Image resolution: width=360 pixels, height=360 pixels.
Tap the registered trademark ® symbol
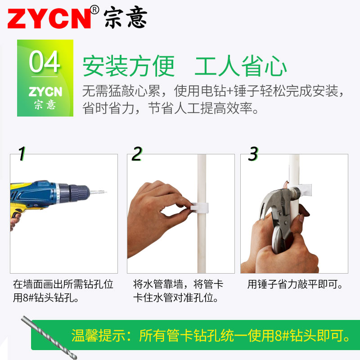(94, 9)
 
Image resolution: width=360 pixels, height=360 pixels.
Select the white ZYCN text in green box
(45, 92)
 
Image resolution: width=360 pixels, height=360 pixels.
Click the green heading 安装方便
(128, 67)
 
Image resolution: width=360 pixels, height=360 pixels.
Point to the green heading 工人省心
(241, 67)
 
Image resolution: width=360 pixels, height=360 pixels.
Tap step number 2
(137, 154)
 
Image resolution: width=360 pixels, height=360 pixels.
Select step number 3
(253, 154)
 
